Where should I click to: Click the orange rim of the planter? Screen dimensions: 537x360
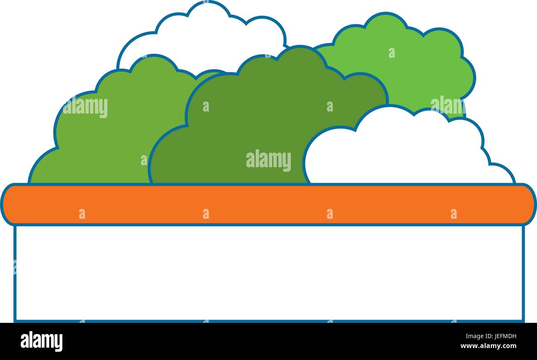tap(268, 204)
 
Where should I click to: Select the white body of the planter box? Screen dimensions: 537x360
tap(269, 273)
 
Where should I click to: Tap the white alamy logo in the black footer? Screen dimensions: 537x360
tap(41, 341)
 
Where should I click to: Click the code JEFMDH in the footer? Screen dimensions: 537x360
tap(506, 336)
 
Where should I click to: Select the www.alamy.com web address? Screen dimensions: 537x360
tap(488, 346)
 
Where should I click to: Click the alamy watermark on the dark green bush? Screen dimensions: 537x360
tap(268, 160)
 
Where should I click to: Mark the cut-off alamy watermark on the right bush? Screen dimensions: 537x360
tap(448, 105)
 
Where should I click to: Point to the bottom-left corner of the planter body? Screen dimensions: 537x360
tap(14, 322)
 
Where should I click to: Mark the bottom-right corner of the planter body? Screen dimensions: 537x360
tap(524, 322)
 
